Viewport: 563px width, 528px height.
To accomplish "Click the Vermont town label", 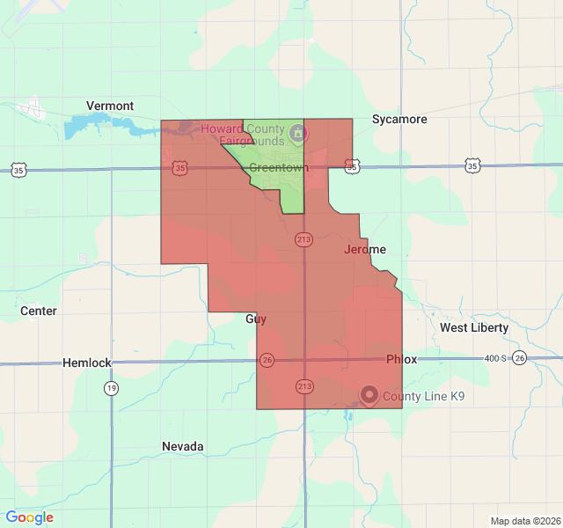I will click(x=110, y=106).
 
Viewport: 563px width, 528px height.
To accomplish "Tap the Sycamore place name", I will click(x=399, y=119).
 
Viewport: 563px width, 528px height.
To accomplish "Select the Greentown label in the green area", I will click(x=276, y=167).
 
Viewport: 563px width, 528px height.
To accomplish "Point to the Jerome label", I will click(x=364, y=250).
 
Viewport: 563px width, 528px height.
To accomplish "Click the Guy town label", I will click(x=255, y=319).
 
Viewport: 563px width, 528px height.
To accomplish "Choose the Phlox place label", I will click(x=401, y=359).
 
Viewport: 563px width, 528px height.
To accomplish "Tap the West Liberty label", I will click(x=474, y=327).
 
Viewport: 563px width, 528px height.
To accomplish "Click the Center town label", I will click(x=39, y=311).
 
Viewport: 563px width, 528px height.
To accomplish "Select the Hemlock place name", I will click(x=87, y=363).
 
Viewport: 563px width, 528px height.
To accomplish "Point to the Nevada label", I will click(x=183, y=446).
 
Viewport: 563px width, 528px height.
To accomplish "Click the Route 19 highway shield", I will click(x=111, y=388).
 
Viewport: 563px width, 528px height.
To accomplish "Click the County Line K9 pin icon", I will click(x=369, y=396).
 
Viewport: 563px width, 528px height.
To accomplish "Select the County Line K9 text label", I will click(x=423, y=397).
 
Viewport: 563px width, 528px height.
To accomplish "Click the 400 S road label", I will click(x=497, y=358).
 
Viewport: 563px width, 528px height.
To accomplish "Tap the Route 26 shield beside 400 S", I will click(x=520, y=358).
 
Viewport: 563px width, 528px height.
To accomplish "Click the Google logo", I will click(x=30, y=517).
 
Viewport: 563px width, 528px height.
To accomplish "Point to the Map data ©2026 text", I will click(x=524, y=521).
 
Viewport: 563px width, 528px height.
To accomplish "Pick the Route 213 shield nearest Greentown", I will click(x=303, y=240).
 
